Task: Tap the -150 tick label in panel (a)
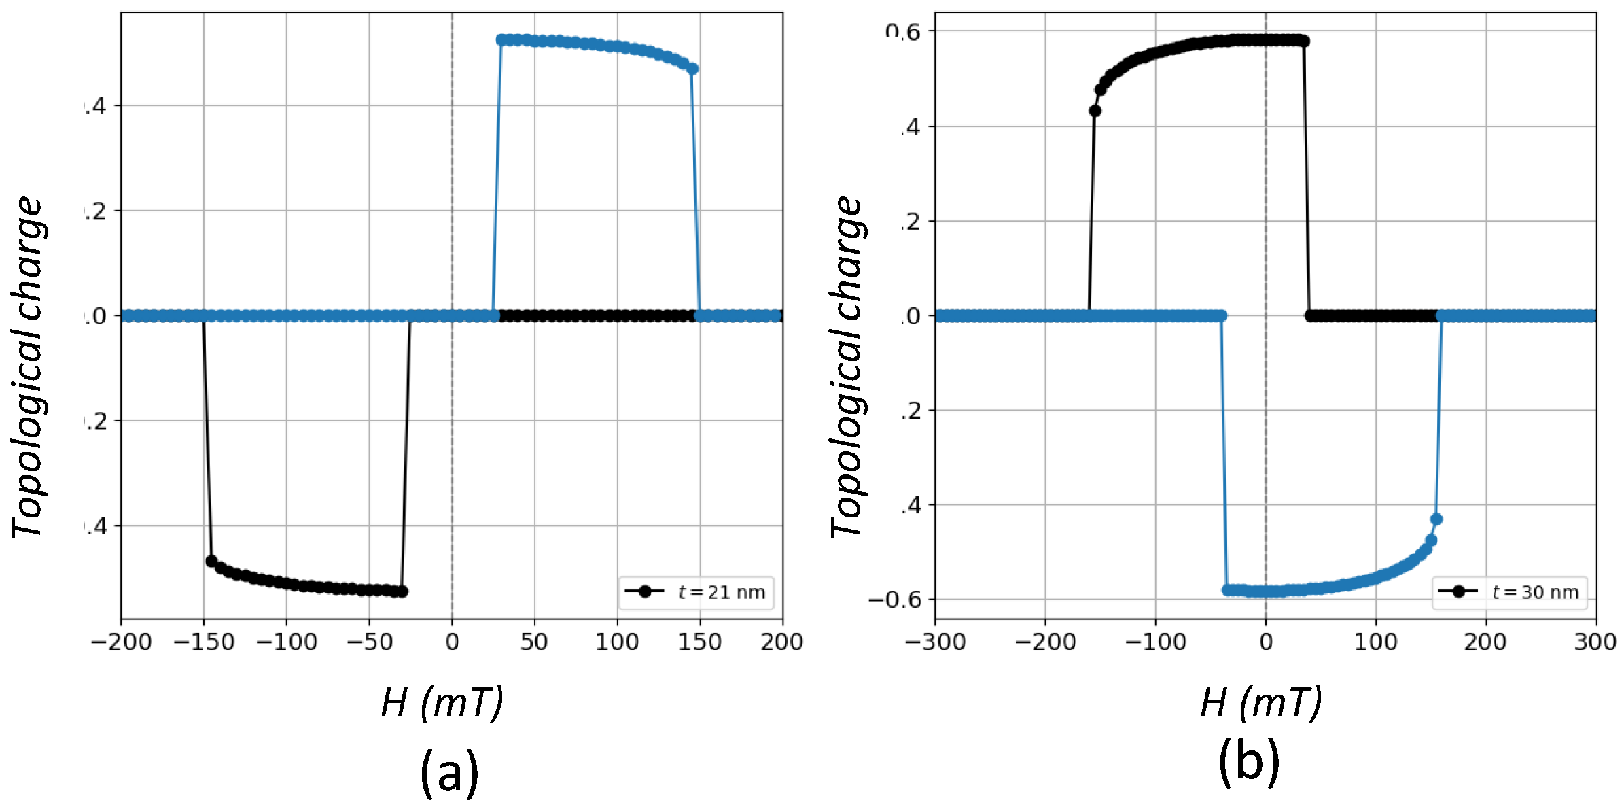pyautogui.click(x=203, y=642)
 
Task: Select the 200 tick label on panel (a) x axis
pyautogui.click(x=781, y=642)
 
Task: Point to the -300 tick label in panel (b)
pyautogui.click(x=935, y=642)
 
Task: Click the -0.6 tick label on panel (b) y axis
pyautogui.click(x=895, y=600)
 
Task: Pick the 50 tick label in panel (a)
pyautogui.click(x=534, y=642)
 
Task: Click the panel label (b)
pyautogui.click(x=1249, y=761)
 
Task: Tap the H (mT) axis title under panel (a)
pyautogui.click(x=442, y=702)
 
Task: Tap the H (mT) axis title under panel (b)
pyautogui.click(x=1261, y=702)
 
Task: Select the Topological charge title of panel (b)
pyautogui.click(x=846, y=367)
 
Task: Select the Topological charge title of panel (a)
pyautogui.click(x=27, y=367)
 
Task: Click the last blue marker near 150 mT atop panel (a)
pyautogui.click(x=692, y=69)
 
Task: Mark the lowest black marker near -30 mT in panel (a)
pyautogui.click(x=402, y=591)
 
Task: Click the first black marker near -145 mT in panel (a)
pyautogui.click(x=211, y=561)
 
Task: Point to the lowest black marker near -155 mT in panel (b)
pyautogui.click(x=1095, y=111)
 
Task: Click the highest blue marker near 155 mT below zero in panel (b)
pyautogui.click(x=1436, y=519)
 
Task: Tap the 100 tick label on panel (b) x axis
pyautogui.click(x=1375, y=642)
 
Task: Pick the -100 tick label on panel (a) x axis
pyautogui.click(x=286, y=642)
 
